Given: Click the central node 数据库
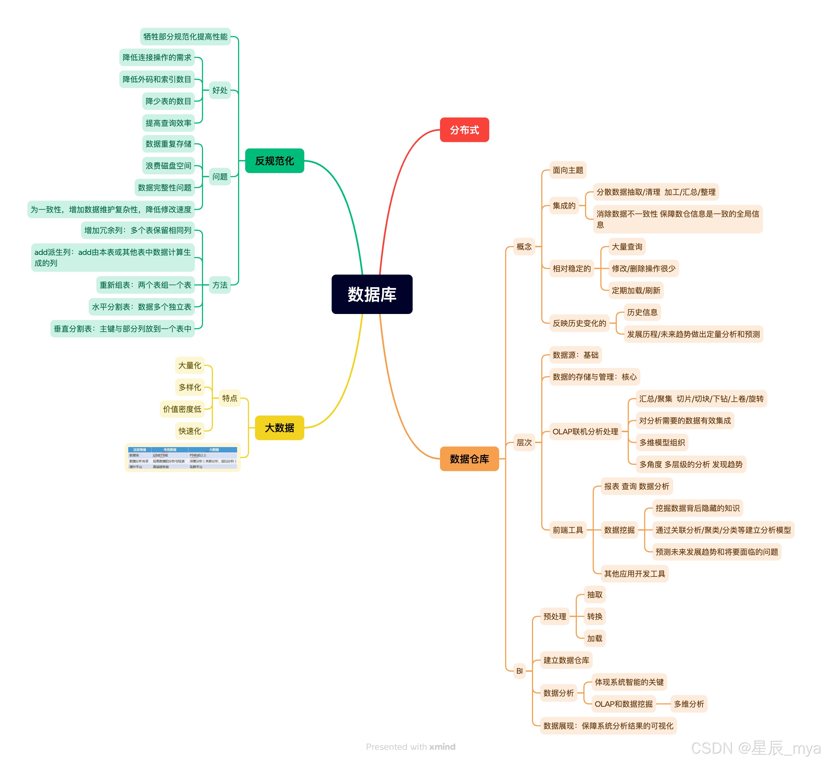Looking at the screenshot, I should tap(372, 294).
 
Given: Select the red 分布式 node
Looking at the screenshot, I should tap(464, 130).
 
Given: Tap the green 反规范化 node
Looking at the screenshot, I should tap(274, 161).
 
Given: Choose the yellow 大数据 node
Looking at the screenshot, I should tap(279, 427).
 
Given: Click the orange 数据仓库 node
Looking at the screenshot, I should tap(469, 458).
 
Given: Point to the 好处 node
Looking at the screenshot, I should tap(220, 90).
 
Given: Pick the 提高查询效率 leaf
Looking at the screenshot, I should tap(168, 123).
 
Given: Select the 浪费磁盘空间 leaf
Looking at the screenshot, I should tap(168, 166).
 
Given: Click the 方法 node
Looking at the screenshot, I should tap(220, 285).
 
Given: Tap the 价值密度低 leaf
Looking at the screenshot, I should tap(182, 409).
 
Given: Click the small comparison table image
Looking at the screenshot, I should tap(183, 458).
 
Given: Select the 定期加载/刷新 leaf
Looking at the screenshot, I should tap(636, 290).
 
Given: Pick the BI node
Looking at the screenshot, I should tap(519, 671).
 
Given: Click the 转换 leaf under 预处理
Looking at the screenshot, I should tap(594, 616).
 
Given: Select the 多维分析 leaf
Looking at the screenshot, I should tap(688, 704).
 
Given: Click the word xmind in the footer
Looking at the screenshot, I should tap(442, 747).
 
